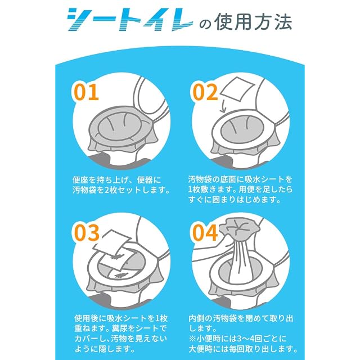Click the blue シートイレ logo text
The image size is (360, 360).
coord(130,20)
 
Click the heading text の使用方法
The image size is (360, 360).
coord(246,22)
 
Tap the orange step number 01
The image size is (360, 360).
coord(86,92)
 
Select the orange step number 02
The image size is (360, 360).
coord(205,92)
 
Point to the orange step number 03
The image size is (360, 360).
coord(87,232)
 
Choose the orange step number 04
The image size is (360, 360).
coord(205,233)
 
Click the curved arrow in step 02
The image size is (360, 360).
coord(223,107)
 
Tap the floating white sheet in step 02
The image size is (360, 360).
coord(237,89)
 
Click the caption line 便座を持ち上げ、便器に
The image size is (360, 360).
coord(117,180)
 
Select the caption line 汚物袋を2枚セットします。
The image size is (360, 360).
coord(121,190)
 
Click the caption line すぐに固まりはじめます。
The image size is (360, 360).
coord(235,200)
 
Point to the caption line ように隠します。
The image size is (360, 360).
coord(105,349)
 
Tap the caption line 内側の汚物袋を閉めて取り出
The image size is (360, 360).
coord(241,318)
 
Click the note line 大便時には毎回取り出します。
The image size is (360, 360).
coord(243,349)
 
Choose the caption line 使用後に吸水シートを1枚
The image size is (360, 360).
coord(121,318)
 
